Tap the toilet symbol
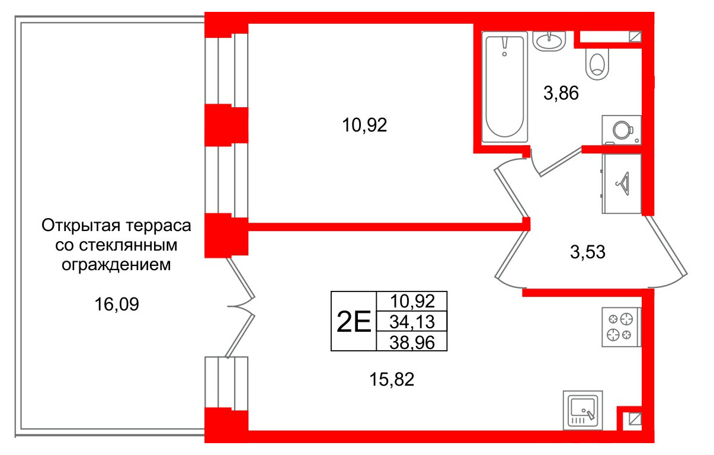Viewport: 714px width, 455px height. [597, 63]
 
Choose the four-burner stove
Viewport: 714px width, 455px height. [620, 327]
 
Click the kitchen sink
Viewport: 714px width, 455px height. [583, 409]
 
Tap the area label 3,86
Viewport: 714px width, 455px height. [561, 93]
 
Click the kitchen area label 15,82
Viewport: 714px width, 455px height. [391, 379]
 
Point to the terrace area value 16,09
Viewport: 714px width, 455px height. [116, 305]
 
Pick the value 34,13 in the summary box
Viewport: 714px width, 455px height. [412, 322]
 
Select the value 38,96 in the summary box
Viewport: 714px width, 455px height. [412, 341]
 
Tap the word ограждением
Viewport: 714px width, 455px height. [116, 264]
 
